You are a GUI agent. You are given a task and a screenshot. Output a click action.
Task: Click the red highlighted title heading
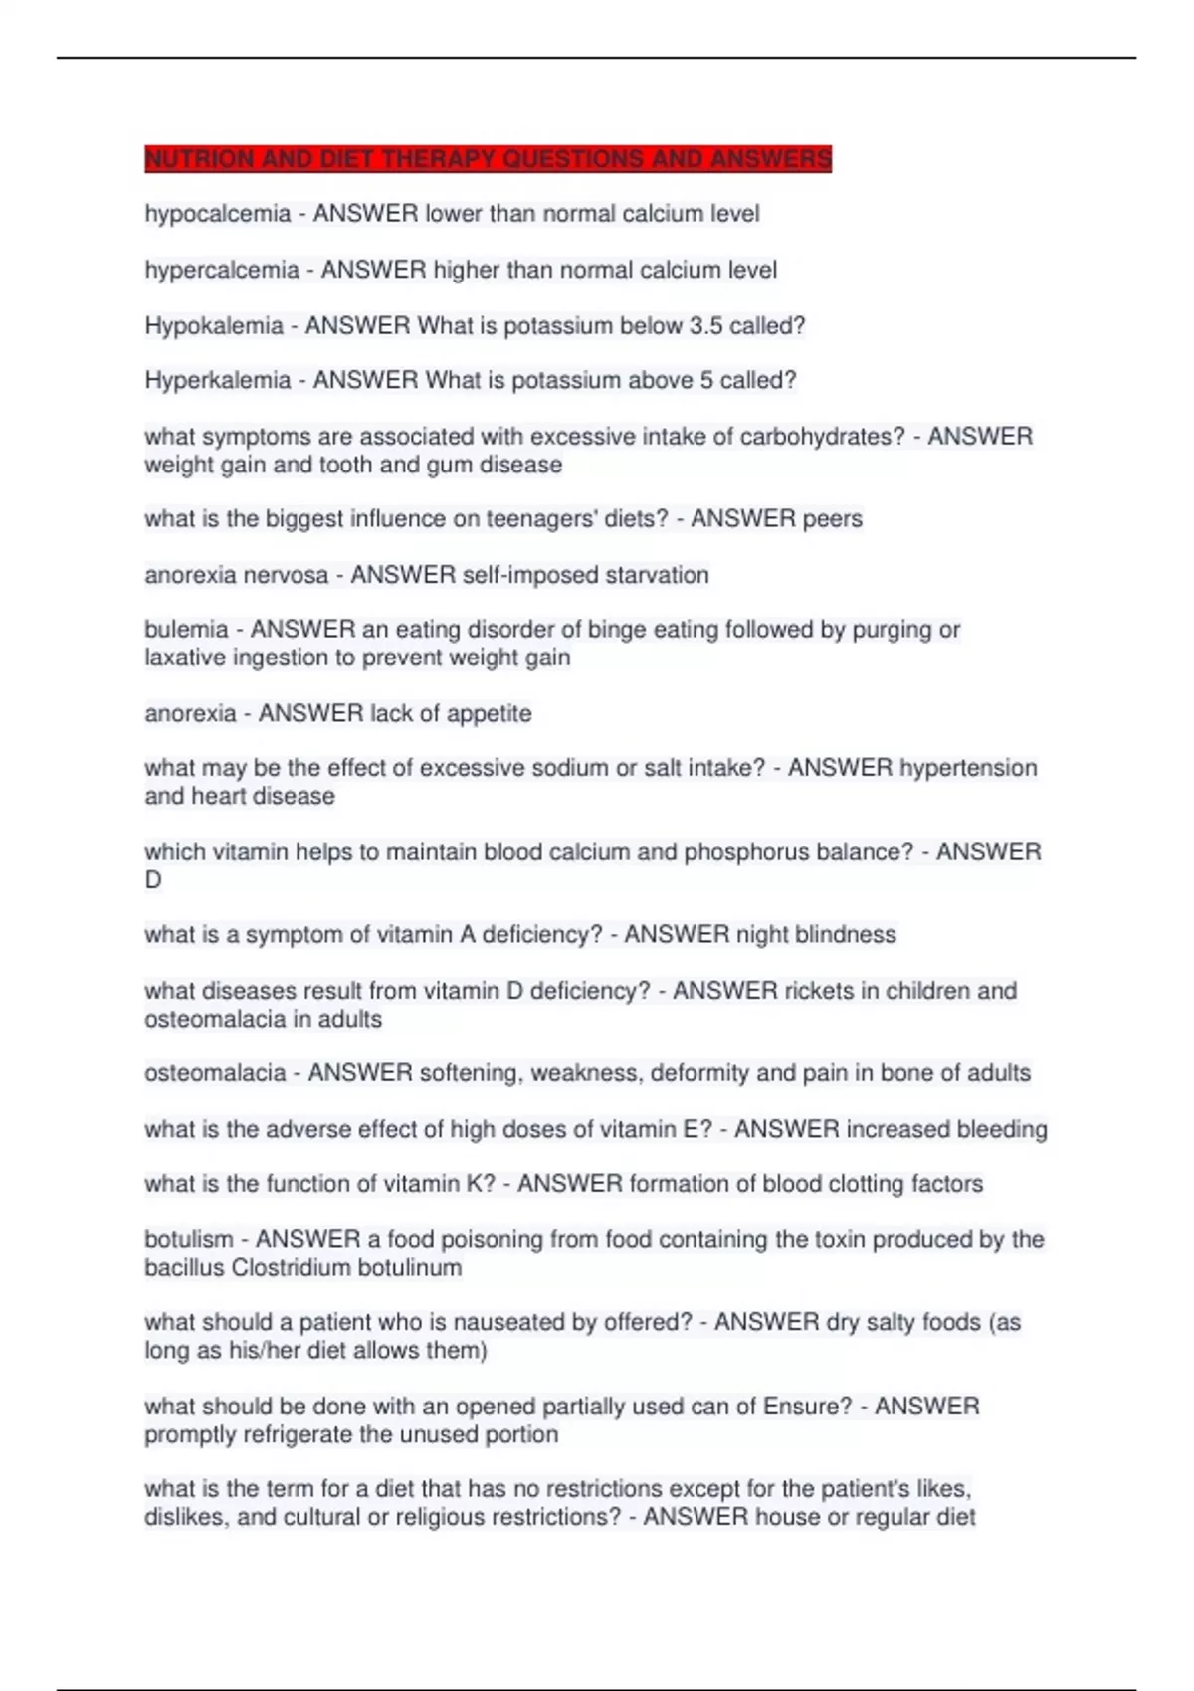(x=488, y=159)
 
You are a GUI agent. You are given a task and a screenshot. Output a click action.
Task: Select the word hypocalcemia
(x=217, y=214)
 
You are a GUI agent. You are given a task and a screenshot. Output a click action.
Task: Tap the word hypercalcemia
(x=221, y=270)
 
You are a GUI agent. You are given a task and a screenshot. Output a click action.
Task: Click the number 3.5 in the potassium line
(x=705, y=325)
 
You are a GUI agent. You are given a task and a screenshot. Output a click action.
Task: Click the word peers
(x=833, y=519)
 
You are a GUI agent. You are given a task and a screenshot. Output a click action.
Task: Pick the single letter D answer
(x=153, y=880)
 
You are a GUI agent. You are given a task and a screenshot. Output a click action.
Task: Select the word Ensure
(x=806, y=1407)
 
